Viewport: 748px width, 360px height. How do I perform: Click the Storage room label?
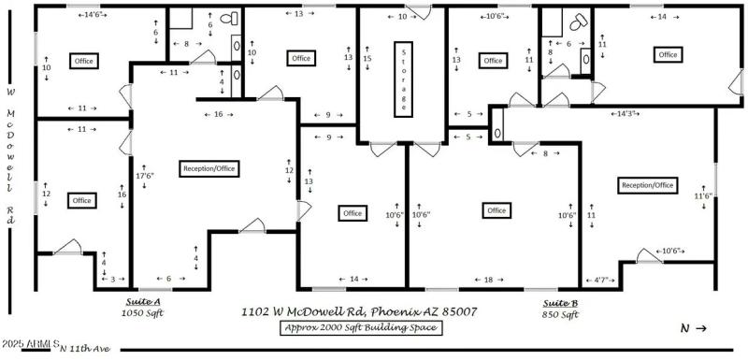pos(404,78)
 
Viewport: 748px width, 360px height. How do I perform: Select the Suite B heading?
pos(561,303)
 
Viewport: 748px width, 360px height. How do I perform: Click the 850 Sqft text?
pos(561,315)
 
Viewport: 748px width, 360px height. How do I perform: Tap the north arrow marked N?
pos(693,328)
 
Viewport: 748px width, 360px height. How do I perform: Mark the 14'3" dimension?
pos(626,113)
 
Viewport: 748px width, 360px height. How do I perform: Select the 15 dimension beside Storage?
pos(367,59)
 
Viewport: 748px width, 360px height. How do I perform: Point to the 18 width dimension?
pos(489,279)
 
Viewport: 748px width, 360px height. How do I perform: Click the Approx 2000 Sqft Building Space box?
pos(360,327)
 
